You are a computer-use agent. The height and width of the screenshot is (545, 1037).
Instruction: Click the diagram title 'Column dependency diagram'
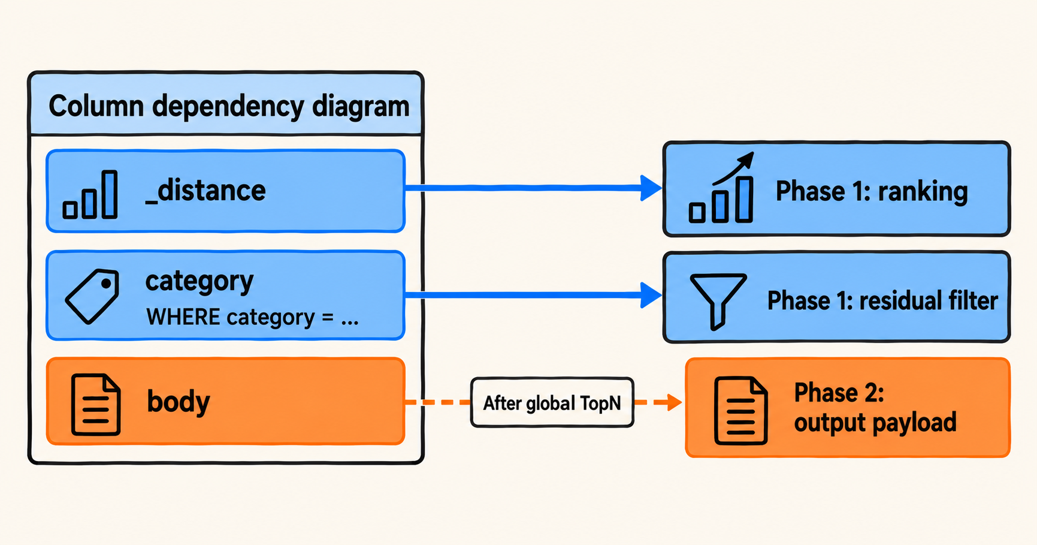(229, 106)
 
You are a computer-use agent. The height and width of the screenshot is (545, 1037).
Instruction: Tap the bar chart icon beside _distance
(90, 195)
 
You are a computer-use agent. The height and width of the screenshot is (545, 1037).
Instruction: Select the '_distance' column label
(205, 191)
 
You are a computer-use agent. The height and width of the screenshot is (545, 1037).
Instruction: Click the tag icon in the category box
(92, 296)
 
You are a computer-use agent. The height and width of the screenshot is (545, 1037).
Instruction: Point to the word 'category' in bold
(199, 281)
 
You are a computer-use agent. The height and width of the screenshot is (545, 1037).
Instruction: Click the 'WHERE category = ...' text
(252, 317)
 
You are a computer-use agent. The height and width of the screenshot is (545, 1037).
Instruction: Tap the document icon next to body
(95, 404)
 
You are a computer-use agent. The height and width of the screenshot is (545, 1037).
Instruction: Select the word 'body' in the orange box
(179, 402)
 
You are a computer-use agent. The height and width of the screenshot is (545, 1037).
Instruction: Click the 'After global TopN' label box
(552, 402)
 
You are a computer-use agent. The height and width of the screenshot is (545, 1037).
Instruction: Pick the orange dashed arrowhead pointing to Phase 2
(675, 402)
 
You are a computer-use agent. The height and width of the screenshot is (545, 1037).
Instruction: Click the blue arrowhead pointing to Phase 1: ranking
(651, 188)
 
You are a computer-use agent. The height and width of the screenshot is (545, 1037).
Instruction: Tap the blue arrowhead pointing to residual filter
(651, 295)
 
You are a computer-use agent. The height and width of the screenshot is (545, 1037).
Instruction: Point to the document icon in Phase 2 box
(740, 411)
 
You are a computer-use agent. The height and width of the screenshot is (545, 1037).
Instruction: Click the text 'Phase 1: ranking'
(872, 191)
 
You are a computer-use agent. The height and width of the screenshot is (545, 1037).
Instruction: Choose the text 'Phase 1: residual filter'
(882, 300)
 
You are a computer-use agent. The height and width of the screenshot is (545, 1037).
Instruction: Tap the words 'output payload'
(875, 423)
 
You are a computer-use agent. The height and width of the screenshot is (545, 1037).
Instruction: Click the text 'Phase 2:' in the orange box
(839, 393)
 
